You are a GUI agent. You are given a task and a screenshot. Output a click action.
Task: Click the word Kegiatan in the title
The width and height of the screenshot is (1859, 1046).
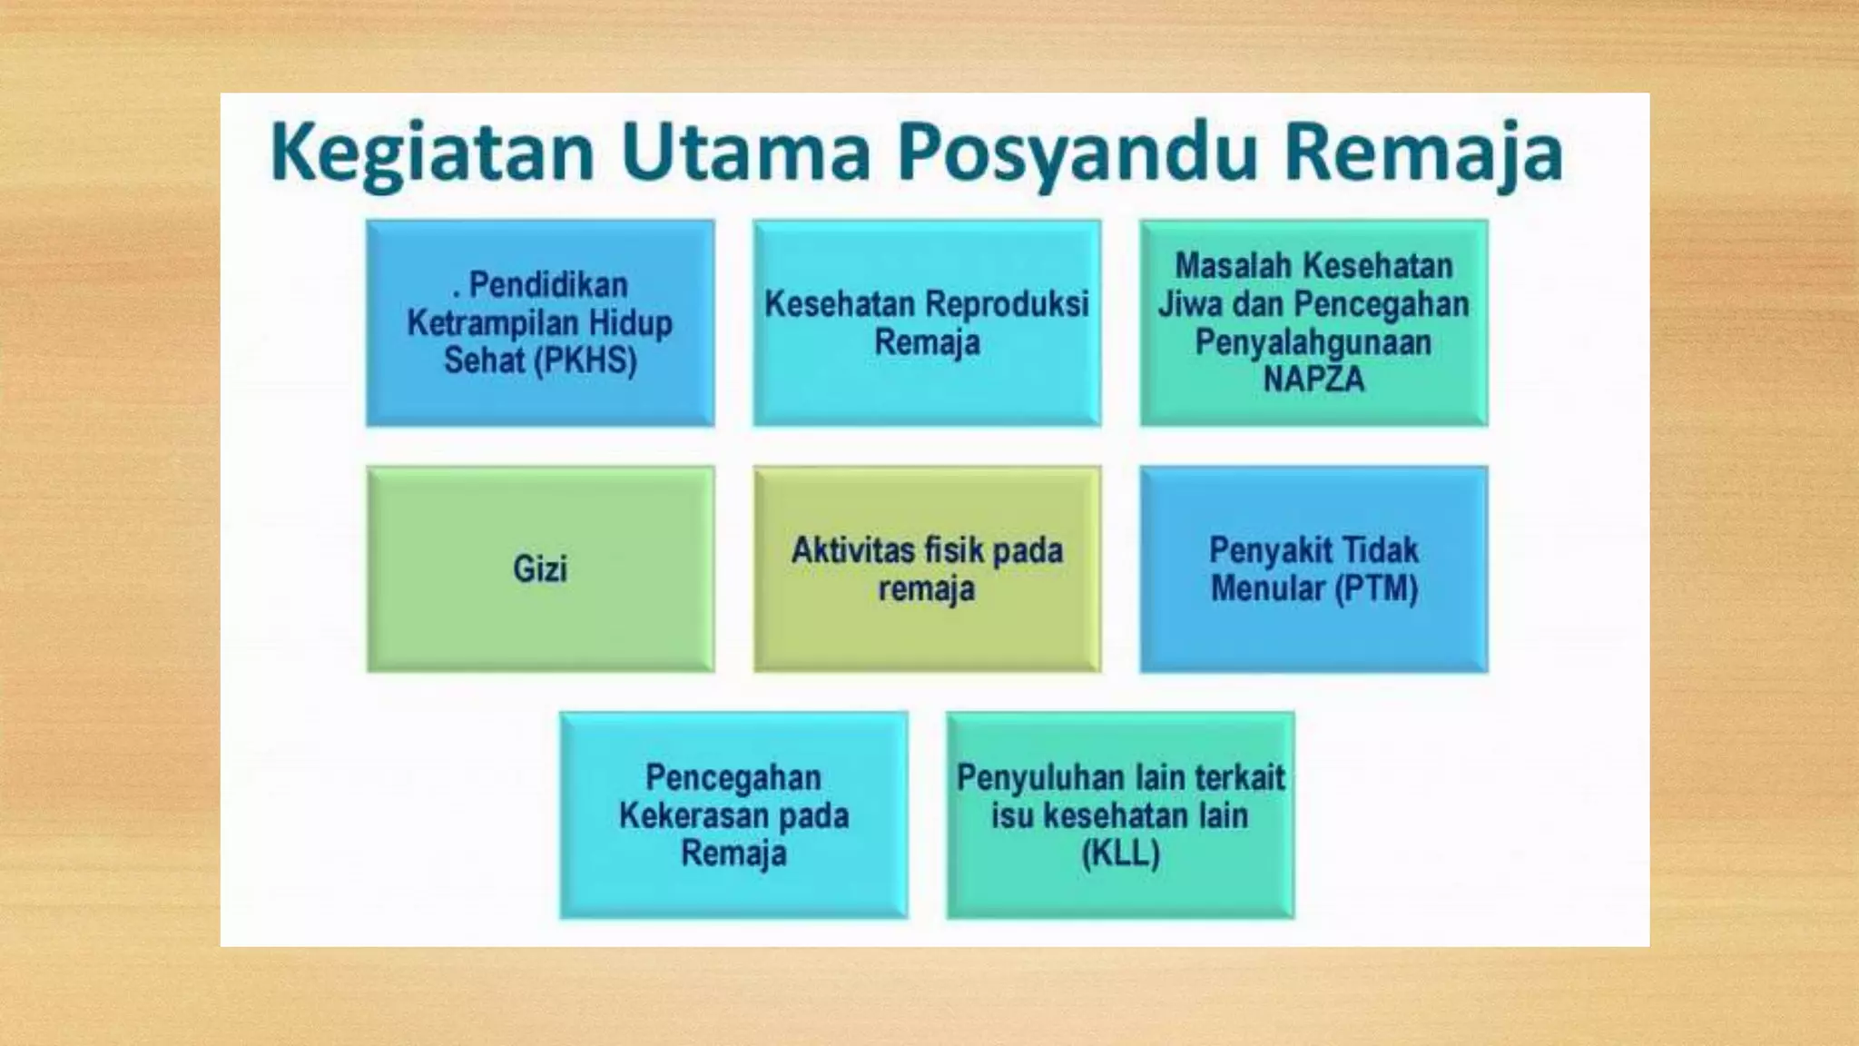[433, 153]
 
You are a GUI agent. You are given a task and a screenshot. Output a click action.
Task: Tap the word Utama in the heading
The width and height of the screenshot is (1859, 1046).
[745, 153]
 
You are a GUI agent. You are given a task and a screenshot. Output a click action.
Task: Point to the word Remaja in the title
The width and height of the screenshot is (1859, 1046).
[1423, 153]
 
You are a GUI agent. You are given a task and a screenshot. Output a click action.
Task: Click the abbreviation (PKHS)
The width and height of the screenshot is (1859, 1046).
[585, 360]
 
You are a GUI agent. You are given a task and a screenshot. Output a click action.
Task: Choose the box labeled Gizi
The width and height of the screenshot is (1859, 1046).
[540, 568]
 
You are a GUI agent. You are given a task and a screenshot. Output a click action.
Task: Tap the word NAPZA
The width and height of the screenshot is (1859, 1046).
[1313, 379]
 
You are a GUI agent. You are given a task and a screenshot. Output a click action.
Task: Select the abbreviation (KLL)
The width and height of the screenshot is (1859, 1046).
[1120, 854]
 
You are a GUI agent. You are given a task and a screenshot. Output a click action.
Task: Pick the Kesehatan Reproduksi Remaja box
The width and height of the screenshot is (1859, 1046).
[927, 322]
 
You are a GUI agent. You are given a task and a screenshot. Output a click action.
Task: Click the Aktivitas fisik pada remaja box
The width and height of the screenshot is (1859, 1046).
[927, 568]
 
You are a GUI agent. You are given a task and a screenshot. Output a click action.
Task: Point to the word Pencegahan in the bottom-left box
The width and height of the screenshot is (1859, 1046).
[733, 777]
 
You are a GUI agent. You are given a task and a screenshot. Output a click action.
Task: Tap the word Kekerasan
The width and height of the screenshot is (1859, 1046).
[694, 815]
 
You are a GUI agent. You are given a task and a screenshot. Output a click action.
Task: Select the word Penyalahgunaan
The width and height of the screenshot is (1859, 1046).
[1313, 342]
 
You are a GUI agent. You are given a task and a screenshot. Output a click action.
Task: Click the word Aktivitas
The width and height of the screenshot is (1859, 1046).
[852, 550]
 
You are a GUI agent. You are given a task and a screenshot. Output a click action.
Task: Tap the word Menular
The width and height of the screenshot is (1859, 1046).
[1268, 588]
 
